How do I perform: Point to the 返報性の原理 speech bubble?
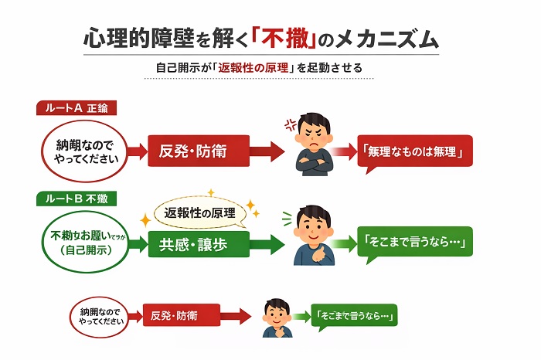[x=200, y=212]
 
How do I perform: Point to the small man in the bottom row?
[x=276, y=317]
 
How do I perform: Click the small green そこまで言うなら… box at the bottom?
[x=355, y=316]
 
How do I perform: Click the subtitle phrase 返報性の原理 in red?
[x=252, y=67]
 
